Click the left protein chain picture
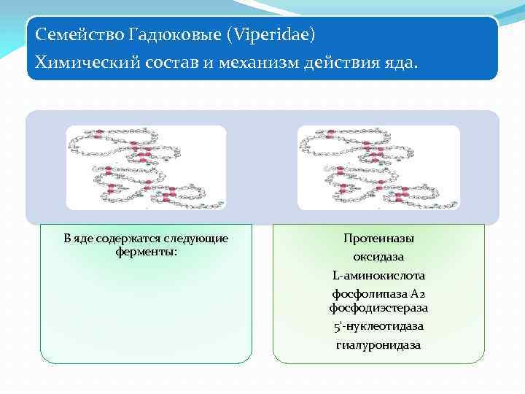(x=146, y=167)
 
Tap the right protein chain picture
(x=378, y=167)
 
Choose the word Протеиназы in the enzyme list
(x=378, y=239)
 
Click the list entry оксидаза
(x=378, y=258)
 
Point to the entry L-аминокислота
(x=378, y=276)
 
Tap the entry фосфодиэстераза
(x=378, y=308)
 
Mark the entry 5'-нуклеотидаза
(x=378, y=326)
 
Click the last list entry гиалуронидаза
(x=378, y=344)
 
